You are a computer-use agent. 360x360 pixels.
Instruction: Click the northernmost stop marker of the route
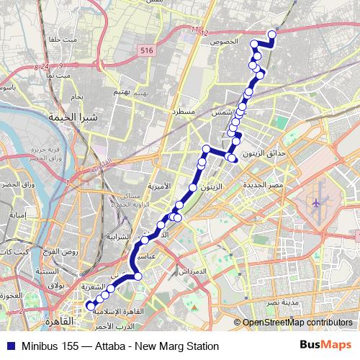pos(272,34)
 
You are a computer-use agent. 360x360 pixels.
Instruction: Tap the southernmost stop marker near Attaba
pos(90,305)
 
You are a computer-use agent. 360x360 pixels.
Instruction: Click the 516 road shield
pos(148,50)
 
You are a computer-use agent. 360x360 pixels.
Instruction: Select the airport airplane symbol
pos(317,204)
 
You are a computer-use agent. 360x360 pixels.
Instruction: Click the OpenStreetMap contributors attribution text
pos(297,323)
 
